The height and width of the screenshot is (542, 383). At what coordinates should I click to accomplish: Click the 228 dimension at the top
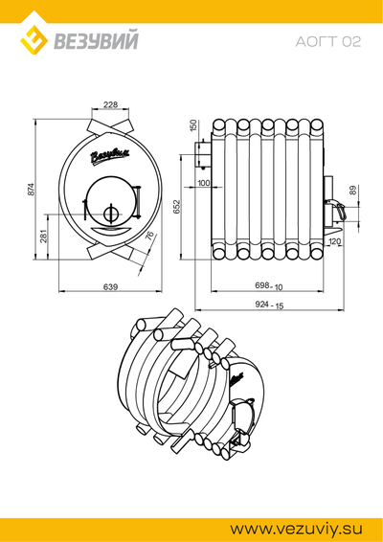coord(110,104)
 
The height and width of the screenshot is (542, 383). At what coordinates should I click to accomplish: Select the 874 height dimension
coord(31,190)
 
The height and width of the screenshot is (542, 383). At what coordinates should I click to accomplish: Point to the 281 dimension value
coord(43,236)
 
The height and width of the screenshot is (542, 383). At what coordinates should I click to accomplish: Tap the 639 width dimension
coord(110,286)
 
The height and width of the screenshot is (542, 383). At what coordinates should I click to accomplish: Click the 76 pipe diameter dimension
coord(149,236)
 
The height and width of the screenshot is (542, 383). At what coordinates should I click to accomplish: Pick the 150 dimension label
coord(193,124)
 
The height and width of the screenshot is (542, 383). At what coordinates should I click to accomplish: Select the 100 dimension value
coord(203,183)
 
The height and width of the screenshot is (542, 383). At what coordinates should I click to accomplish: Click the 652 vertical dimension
coord(176,206)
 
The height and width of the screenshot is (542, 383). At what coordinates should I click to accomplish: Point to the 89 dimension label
coord(352,191)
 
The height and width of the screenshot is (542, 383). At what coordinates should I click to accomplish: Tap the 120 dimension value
coord(334,241)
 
